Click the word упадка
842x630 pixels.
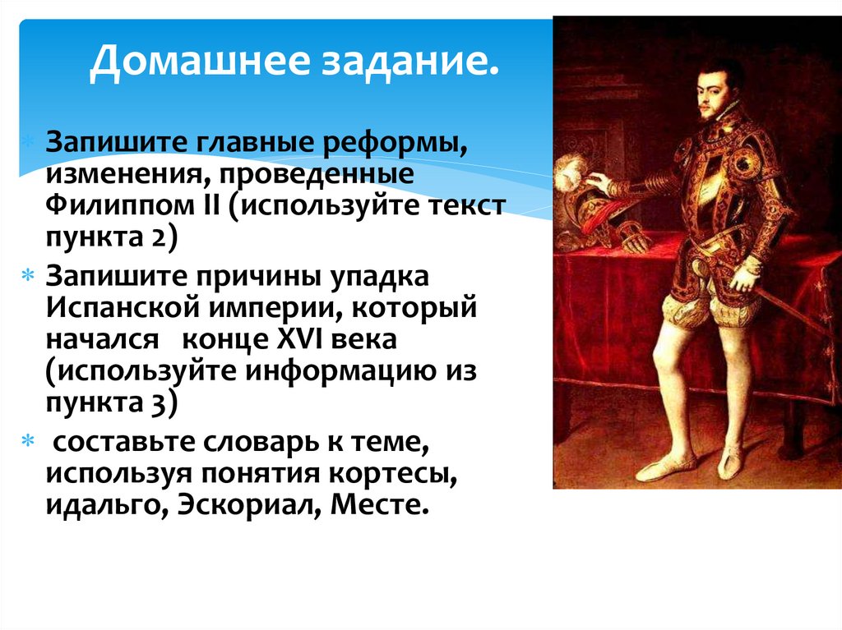pyautogui.click(x=379, y=278)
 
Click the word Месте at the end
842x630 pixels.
pyautogui.click(x=381, y=502)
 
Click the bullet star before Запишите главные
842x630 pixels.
pyautogui.click(x=29, y=142)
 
